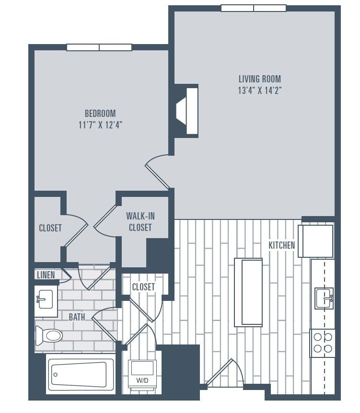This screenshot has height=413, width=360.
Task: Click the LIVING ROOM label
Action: coord(259,79)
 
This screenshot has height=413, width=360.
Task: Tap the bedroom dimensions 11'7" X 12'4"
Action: coord(100,125)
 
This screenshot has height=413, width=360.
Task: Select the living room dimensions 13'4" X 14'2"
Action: coord(259,91)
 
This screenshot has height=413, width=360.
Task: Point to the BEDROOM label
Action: coord(100,114)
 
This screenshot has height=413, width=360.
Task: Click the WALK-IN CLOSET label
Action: coord(140,221)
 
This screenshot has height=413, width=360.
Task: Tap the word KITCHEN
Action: coord(281,245)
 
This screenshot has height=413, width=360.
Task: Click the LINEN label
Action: coord(46,275)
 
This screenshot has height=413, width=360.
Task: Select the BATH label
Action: coord(77,317)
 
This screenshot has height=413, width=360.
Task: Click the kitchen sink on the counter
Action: coord(324,298)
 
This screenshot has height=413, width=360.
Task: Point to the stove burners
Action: coord(323,343)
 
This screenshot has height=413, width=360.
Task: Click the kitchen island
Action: coord(248,292)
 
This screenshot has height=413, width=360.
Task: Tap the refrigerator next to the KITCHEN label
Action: coord(316,241)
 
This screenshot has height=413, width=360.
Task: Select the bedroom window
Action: coord(99,47)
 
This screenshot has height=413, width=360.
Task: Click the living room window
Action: coord(254,8)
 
